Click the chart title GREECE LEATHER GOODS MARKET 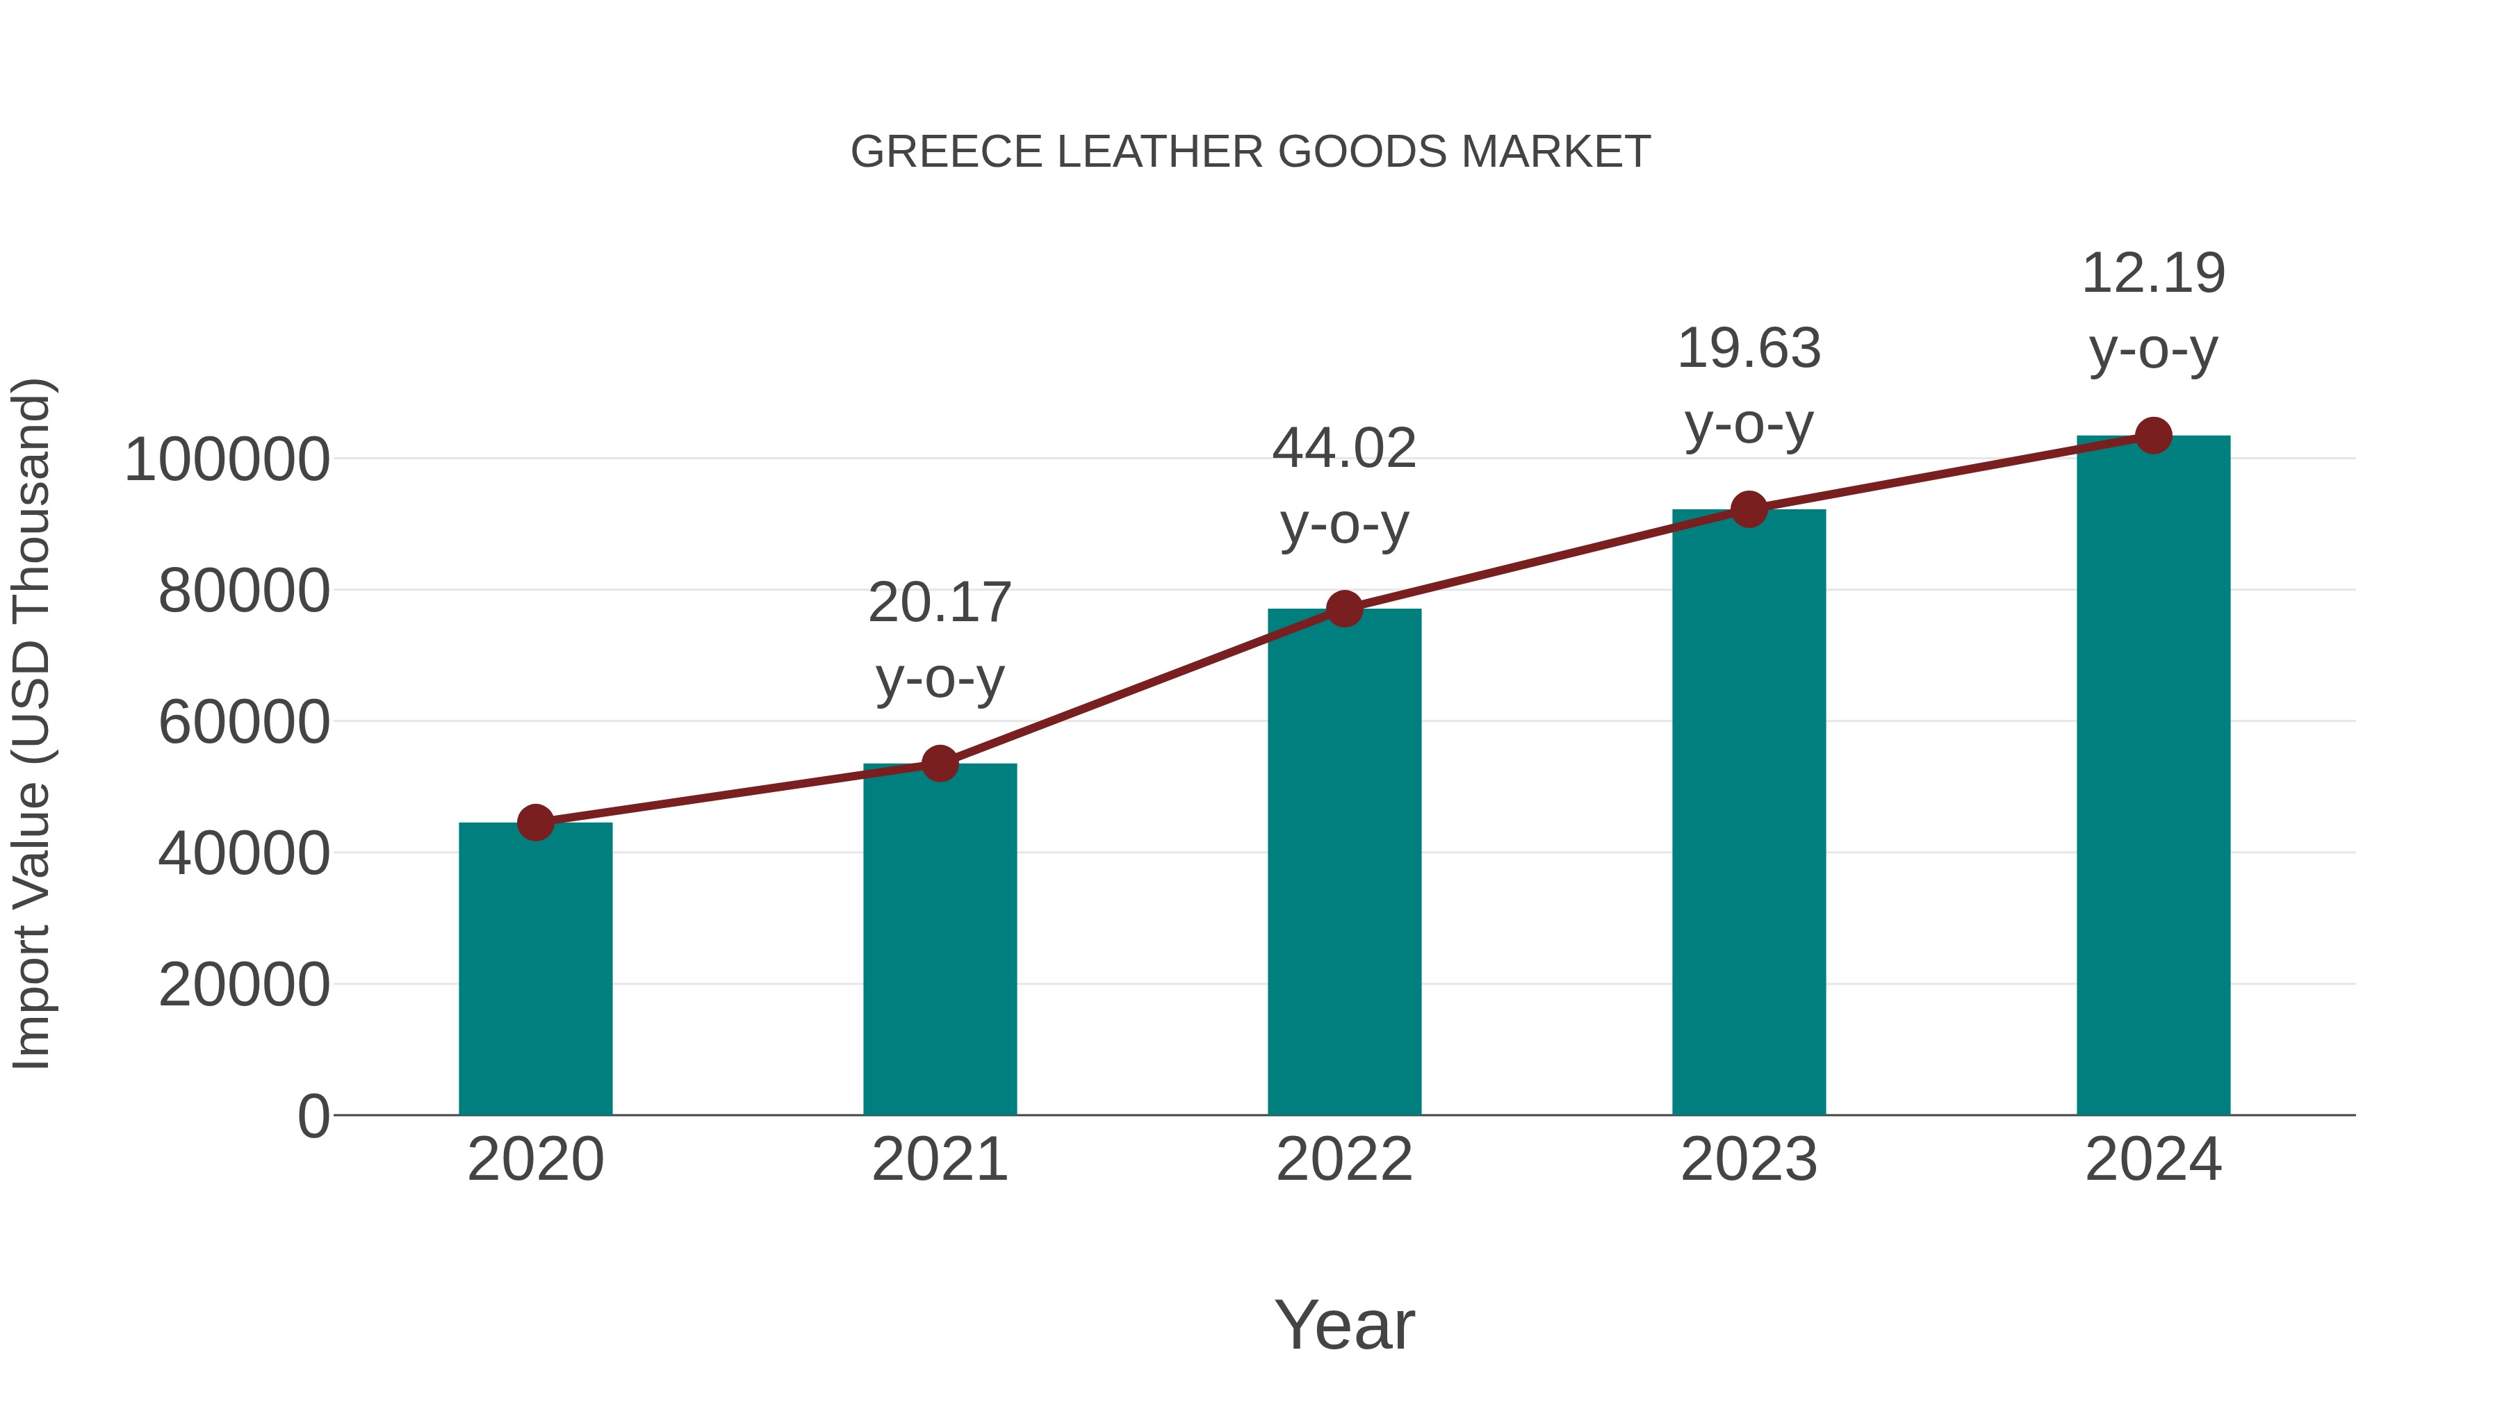coord(1250,152)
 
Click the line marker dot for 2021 coord(939,764)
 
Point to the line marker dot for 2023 coord(1749,510)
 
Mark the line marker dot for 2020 coord(535,823)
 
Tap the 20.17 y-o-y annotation coord(939,640)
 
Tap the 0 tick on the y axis coord(313,1116)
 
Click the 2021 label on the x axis coord(939,1160)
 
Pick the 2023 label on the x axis coord(1749,1160)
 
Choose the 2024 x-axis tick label coord(2153,1160)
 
